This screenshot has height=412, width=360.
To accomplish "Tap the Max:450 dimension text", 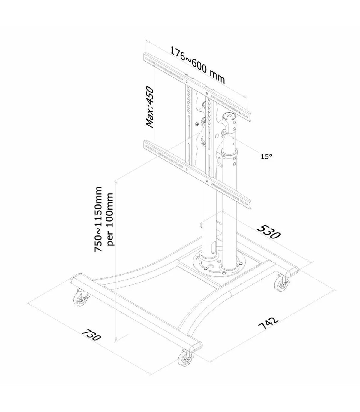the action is click(x=150, y=107).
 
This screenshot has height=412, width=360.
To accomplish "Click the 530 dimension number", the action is click(x=268, y=232).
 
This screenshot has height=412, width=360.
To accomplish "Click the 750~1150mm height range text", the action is click(x=98, y=219).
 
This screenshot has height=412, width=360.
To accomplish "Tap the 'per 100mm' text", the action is click(x=110, y=219).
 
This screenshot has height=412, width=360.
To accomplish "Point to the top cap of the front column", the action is click(x=229, y=116).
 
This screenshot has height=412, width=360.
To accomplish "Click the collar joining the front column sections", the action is click(x=229, y=153).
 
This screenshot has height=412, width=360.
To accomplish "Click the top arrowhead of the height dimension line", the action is click(x=116, y=183).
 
